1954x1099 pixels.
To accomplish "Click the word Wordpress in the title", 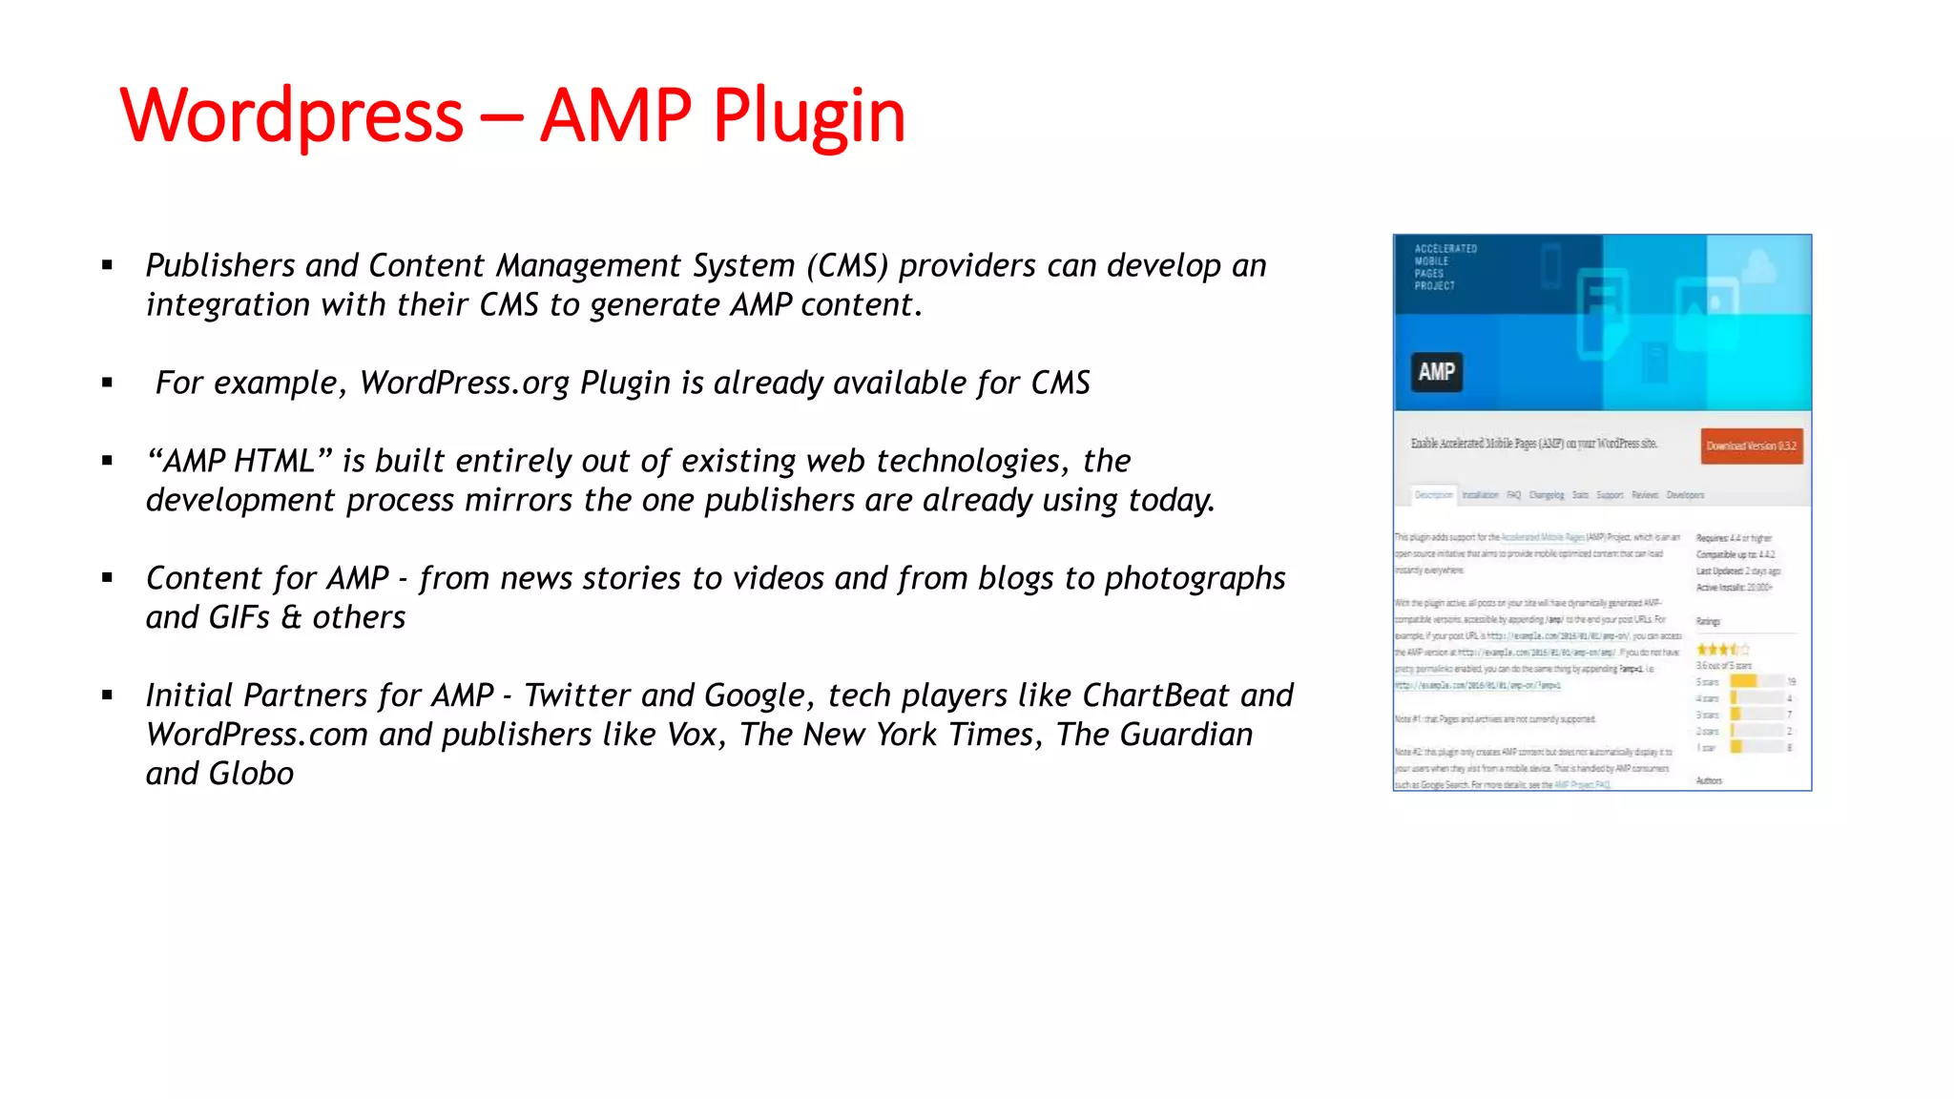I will pos(291,116).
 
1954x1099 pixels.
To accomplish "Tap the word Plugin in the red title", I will pos(809,116).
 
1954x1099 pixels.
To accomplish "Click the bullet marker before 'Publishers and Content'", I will pos(108,265).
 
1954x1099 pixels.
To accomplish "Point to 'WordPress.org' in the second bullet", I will pos(465,383).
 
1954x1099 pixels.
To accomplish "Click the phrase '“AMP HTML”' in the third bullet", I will pos(239,461).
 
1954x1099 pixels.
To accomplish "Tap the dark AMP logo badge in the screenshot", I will pos(1436,372).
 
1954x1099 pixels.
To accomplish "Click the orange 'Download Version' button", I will pos(1751,446).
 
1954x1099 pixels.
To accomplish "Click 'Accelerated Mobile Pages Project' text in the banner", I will pos(1445,267).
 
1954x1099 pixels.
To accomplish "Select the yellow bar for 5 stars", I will pos(1743,681).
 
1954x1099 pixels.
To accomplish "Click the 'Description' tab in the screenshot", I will pos(1433,495).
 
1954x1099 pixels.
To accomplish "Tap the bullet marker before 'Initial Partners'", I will pos(108,695).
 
